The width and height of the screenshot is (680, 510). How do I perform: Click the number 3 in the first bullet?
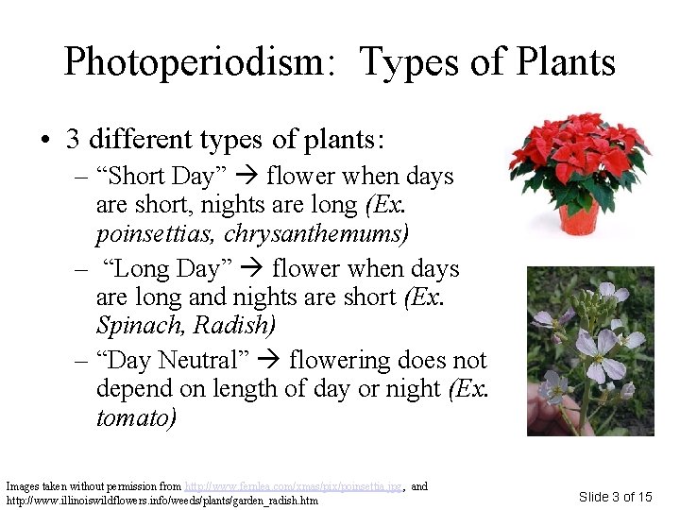tap(73, 139)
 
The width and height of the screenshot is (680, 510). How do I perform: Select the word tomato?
tap(136, 416)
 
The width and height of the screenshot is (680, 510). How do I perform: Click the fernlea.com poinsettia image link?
tap(294, 486)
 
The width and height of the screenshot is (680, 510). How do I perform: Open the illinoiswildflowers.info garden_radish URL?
tap(161, 500)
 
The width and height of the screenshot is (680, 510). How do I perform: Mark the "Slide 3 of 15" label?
tap(615, 497)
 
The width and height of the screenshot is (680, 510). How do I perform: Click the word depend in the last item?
tap(136, 388)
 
